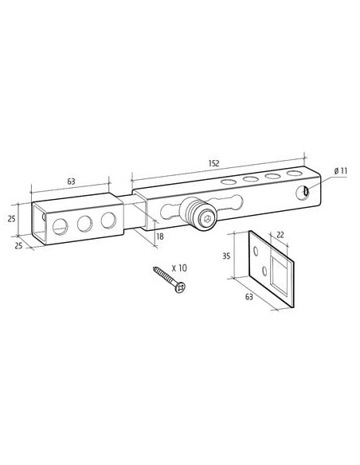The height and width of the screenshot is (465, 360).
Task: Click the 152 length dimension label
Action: [x=213, y=163]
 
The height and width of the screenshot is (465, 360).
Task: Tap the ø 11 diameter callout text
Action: [x=340, y=171]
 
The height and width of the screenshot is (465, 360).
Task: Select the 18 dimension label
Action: [x=159, y=236]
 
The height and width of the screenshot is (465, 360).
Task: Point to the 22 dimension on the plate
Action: [x=280, y=235]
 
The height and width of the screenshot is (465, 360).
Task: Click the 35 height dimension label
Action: [x=226, y=256]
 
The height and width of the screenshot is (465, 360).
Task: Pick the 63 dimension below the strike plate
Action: [x=249, y=296]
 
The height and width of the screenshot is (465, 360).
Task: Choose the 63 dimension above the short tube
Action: [x=71, y=182]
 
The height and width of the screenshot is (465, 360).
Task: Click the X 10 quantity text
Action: [x=179, y=268]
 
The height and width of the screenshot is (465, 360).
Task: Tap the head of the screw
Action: [x=180, y=287]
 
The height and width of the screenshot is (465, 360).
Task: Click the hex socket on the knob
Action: [x=208, y=219]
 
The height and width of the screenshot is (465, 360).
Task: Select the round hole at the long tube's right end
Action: [x=303, y=193]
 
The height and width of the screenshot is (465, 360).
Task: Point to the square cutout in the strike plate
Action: [x=279, y=272]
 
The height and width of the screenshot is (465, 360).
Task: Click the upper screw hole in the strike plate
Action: [x=255, y=251]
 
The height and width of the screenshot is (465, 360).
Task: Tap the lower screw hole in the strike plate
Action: [x=264, y=271]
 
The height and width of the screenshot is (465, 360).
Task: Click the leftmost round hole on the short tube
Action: [x=61, y=227]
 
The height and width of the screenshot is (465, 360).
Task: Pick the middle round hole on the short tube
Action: [x=84, y=224]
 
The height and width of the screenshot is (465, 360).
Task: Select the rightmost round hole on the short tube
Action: [x=108, y=221]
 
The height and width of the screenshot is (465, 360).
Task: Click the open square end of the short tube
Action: [x=39, y=223]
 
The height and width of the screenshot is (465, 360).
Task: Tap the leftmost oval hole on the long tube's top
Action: [x=228, y=182]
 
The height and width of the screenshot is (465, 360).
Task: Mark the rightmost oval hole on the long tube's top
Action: [x=294, y=173]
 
